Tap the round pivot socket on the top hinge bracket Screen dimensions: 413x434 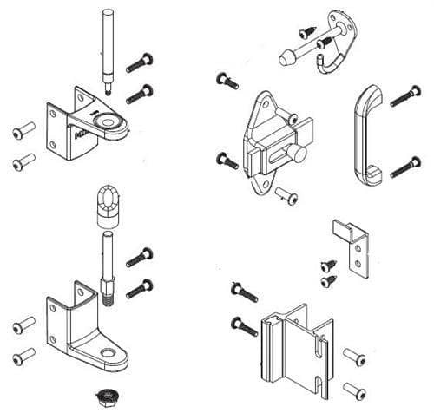tap(110, 122)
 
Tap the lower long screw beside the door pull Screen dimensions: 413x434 tap(405, 167)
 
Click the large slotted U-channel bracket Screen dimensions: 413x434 tap(295, 347)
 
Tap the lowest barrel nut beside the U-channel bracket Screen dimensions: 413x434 tap(354, 388)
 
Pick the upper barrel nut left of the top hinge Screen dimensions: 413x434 tap(23, 130)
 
